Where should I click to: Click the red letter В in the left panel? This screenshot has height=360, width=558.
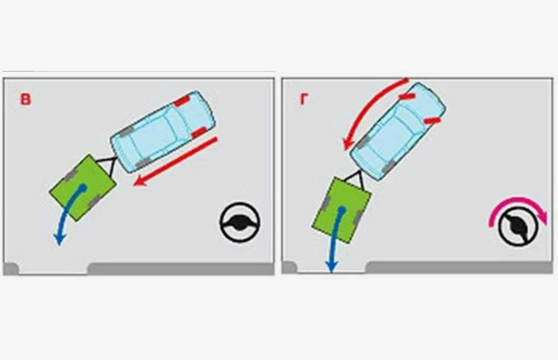tap(26, 99)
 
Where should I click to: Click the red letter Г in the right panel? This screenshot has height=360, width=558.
tap(304, 99)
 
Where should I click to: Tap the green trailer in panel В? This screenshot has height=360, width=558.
tap(83, 187)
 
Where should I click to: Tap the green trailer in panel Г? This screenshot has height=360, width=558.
tap(341, 210)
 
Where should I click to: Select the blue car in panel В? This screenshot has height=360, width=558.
tap(163, 132)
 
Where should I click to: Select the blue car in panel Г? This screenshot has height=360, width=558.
tap(398, 132)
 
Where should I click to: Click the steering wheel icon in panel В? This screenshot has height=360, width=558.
tap(240, 222)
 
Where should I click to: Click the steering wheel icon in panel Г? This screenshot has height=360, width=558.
tap(518, 227)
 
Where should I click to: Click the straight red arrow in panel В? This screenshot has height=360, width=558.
tap(175, 162)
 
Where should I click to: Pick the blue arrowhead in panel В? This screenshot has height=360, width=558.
tap(58, 239)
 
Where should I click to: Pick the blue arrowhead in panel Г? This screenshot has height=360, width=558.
tap(332, 266)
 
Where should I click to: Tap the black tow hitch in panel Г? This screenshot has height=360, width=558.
tap(356, 180)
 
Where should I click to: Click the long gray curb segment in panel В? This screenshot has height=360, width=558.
tap(182, 268)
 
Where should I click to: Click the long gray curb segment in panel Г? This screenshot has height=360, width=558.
tap(459, 267)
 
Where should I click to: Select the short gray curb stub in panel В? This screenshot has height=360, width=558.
tap(11, 268)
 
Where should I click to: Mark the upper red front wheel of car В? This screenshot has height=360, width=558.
tap(182, 102)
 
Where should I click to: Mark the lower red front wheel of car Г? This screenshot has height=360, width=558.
tap(432, 121)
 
